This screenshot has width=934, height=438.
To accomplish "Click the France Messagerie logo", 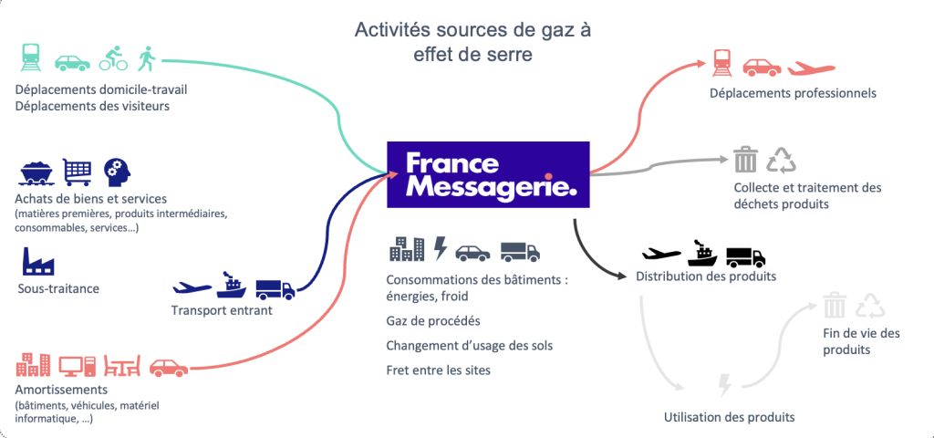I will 488,174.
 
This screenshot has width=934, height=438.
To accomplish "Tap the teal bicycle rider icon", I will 113,59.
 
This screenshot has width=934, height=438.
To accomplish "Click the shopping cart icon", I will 77,171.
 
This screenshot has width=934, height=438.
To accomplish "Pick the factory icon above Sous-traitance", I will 36,260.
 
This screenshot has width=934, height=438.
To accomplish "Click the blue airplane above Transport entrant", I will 192,287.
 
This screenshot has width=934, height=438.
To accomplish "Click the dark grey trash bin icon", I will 746,161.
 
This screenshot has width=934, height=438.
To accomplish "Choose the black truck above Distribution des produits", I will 745,256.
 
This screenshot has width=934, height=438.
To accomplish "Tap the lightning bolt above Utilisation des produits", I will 725,385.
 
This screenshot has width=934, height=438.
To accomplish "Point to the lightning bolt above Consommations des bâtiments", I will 440,248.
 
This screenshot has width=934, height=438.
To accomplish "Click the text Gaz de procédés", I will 433,321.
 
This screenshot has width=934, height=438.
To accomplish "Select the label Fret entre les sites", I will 438,370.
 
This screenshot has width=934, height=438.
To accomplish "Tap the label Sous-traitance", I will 58,288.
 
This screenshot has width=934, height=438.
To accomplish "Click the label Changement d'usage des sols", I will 470,346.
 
